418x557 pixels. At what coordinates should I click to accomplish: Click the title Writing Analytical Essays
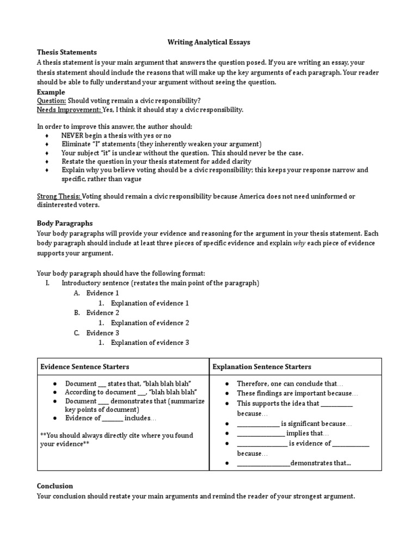point(208,42)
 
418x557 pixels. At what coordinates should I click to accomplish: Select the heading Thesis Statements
point(66,52)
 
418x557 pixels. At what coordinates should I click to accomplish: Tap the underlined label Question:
point(52,101)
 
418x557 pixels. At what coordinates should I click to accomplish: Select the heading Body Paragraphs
point(65,223)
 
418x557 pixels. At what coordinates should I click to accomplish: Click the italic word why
point(299,243)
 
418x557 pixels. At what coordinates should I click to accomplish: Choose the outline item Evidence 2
point(103,313)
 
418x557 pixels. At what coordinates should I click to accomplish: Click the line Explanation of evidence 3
point(150,343)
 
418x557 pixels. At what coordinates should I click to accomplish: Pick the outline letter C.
point(77,333)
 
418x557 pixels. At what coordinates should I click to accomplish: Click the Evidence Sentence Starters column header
point(85,367)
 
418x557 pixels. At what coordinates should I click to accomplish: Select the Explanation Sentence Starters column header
point(262,367)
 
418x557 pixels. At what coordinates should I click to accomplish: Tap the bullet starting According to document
point(131,392)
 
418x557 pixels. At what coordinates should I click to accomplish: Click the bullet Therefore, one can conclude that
point(290,383)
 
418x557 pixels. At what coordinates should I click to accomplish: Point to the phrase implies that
point(309,434)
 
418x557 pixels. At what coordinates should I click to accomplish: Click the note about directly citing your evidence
point(116,440)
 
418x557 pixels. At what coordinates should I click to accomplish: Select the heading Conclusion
point(55,486)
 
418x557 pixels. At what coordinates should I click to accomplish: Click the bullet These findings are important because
point(298,393)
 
